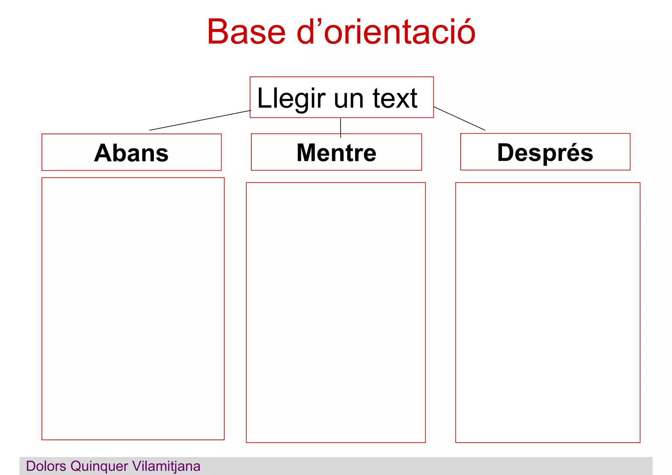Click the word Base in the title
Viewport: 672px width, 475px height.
[x=246, y=32]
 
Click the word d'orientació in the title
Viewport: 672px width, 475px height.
[x=386, y=32]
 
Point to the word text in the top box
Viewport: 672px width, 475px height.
[x=395, y=98]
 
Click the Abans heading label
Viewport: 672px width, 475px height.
[x=131, y=153]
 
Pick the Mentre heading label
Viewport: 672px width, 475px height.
[x=336, y=153]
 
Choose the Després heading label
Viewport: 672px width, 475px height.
[x=545, y=153]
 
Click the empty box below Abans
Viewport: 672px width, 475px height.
[x=133, y=309]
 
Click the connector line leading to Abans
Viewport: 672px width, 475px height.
[x=200, y=120]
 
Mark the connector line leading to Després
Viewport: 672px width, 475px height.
[x=459, y=119]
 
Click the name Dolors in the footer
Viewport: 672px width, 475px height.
[x=46, y=466]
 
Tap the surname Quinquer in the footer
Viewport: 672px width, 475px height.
[x=99, y=466]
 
